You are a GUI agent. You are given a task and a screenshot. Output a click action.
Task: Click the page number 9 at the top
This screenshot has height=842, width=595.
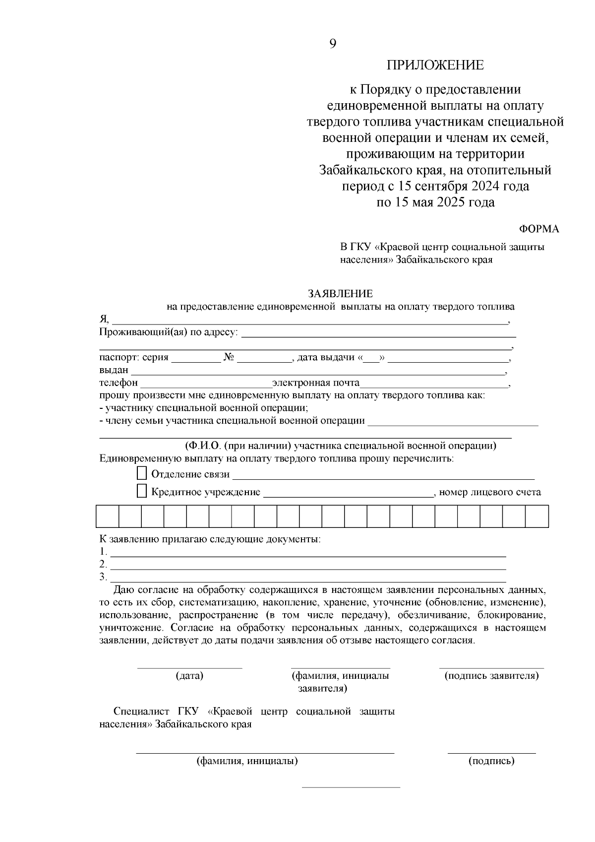click(x=333, y=44)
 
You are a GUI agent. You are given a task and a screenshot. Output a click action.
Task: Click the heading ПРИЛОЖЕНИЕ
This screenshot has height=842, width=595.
click(x=435, y=65)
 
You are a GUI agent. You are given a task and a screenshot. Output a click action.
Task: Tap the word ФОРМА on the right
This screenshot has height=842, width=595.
click(x=539, y=229)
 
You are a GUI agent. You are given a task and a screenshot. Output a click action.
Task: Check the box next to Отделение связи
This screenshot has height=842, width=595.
click(x=142, y=473)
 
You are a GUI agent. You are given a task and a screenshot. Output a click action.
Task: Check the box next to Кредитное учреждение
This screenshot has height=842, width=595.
click(x=142, y=491)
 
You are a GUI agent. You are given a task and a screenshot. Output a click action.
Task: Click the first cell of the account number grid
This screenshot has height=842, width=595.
click(x=107, y=516)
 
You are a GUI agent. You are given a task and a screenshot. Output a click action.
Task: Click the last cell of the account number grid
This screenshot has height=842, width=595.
click(x=537, y=516)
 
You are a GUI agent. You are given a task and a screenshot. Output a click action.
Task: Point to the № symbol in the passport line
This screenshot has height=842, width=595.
click(x=229, y=357)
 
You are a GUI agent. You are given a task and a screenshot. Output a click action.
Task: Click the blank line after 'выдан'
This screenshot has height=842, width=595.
click(x=317, y=371)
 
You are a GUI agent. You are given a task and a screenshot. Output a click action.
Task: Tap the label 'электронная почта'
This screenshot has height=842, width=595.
click(x=315, y=383)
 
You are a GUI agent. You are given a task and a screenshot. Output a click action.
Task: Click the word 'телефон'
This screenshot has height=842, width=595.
click(x=119, y=383)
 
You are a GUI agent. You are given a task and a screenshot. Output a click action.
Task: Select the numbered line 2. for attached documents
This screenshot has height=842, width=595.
click(x=307, y=565)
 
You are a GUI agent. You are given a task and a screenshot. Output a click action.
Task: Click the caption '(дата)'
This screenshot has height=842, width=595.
click(x=189, y=675)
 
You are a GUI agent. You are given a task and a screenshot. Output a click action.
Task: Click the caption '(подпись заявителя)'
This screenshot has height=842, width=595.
click(x=491, y=675)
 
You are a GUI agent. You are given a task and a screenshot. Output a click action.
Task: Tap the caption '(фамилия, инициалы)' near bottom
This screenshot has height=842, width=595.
click(x=247, y=761)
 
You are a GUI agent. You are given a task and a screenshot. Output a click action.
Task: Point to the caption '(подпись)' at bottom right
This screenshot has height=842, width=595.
click(x=491, y=761)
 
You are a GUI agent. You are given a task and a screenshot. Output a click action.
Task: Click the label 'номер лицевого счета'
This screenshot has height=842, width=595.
click(x=490, y=492)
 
